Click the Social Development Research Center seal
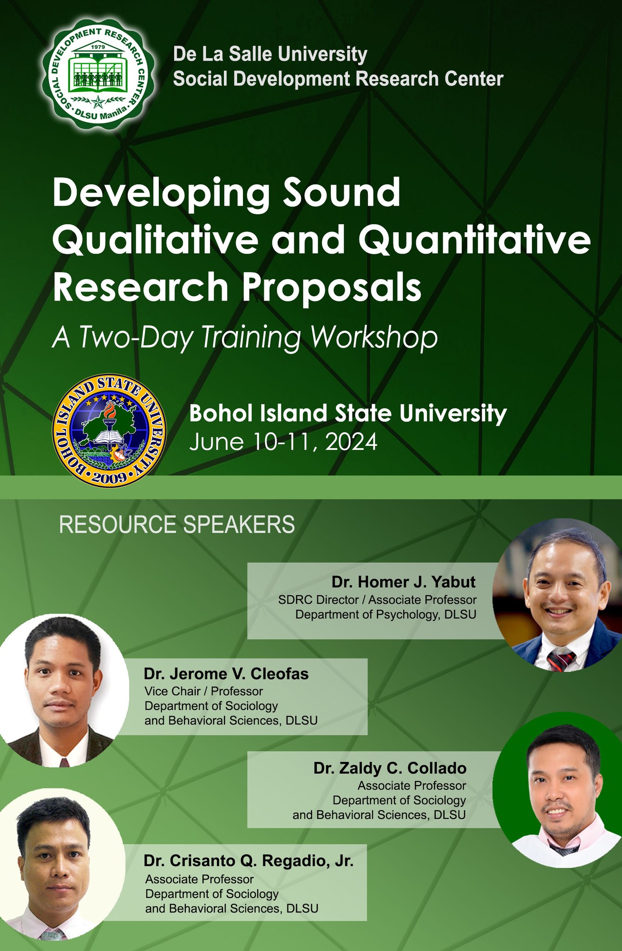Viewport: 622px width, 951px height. click(x=98, y=73)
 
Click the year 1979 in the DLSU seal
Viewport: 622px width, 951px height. click(x=97, y=47)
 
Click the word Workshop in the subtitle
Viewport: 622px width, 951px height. click(x=374, y=339)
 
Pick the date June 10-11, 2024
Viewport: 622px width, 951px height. click(x=283, y=442)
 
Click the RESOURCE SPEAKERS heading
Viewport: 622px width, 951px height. click(x=177, y=525)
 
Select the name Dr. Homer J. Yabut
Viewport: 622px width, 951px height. click(x=404, y=581)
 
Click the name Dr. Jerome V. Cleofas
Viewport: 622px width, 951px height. click(x=226, y=673)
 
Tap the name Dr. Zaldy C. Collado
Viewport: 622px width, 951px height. click(x=390, y=768)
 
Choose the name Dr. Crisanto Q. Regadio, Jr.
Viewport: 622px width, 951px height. click(x=249, y=860)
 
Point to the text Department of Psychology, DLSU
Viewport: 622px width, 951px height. click(x=386, y=615)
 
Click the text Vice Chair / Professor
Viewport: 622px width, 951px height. click(x=203, y=691)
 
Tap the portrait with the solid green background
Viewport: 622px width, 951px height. click(x=557, y=789)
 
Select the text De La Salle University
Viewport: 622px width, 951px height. click(x=270, y=54)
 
